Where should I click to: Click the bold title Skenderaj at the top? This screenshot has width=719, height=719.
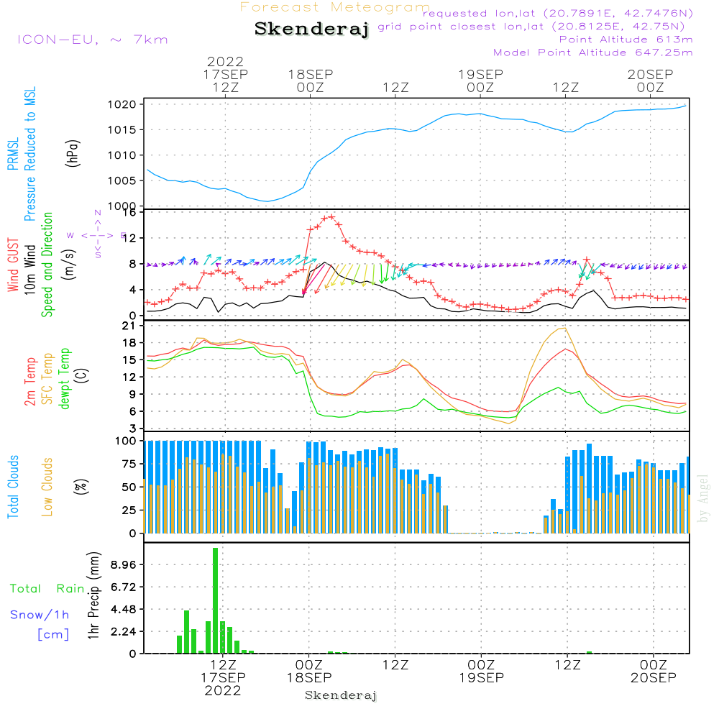click(311, 29)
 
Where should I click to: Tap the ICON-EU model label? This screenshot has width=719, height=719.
click(92, 40)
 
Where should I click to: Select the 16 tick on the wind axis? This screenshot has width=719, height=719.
click(130, 212)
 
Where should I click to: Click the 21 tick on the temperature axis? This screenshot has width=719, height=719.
click(130, 326)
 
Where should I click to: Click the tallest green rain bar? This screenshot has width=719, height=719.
click(215, 600)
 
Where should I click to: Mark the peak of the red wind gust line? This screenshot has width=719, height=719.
click(331, 216)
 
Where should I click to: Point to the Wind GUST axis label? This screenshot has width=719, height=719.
click(14, 265)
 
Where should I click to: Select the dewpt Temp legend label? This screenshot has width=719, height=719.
click(65, 379)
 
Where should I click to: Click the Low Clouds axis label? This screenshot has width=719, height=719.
click(47, 486)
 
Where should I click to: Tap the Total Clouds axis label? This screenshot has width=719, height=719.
click(14, 486)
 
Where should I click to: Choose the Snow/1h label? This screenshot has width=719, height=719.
click(40, 615)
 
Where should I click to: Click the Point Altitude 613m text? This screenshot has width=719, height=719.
click(626, 39)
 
